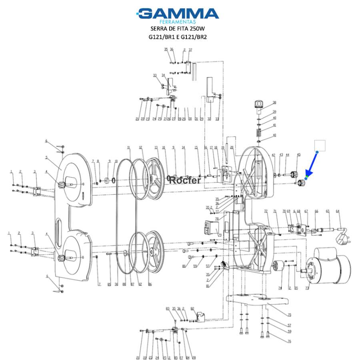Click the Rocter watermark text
[x=185, y=180]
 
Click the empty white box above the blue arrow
[x=320, y=146]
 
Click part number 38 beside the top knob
[x=274, y=103]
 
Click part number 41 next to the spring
[x=274, y=125]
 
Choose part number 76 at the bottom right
[x=289, y=341]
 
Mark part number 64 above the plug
[x=337, y=211]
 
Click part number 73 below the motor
[x=307, y=288]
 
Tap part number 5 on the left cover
[x=46, y=158]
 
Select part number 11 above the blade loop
[x=129, y=148]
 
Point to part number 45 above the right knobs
[x=298, y=155]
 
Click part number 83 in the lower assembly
[x=168, y=309]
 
